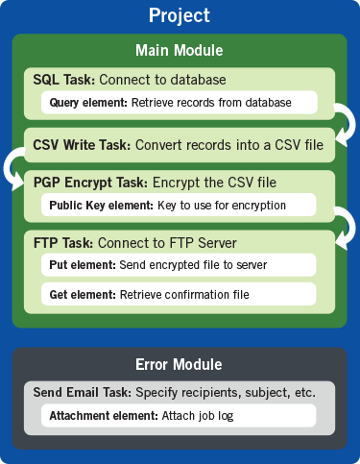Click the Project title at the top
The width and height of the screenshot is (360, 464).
(x=180, y=16)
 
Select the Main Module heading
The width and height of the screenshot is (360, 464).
(x=180, y=50)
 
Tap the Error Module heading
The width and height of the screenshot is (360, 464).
(x=180, y=364)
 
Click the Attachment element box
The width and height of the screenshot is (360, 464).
(x=179, y=416)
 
